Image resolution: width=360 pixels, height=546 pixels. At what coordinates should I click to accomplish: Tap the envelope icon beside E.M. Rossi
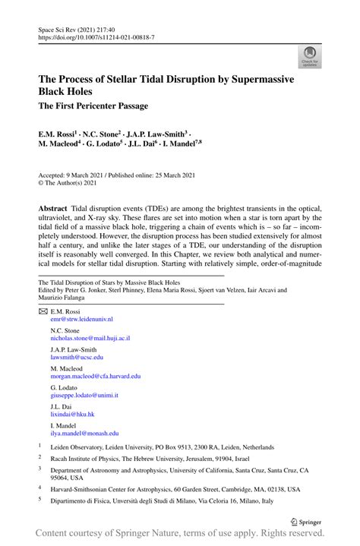click(43, 312)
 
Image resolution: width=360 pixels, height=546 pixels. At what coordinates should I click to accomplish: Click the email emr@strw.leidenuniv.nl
click(81, 320)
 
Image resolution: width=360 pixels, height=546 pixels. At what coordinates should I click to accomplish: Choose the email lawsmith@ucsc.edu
click(76, 357)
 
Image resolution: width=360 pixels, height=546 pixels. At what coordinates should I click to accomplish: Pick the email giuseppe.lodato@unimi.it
click(84, 396)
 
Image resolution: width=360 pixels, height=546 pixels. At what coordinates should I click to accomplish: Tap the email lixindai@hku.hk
click(72, 415)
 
